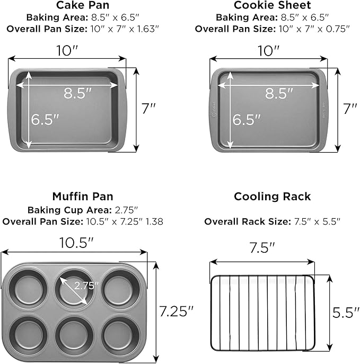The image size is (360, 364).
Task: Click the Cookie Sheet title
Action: [x=272, y=6]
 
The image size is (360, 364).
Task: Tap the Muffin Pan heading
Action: [x=83, y=197]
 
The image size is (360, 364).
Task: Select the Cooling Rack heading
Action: [x=272, y=197]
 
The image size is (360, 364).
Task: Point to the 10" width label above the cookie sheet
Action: [x=269, y=51]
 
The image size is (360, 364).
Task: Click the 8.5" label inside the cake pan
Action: [x=78, y=93]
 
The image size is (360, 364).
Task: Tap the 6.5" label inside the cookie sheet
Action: [x=247, y=120]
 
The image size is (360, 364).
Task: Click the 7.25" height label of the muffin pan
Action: [x=174, y=311]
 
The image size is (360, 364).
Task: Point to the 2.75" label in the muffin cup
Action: [x=87, y=286]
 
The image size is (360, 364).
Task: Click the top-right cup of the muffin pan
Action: [x=121, y=288]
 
